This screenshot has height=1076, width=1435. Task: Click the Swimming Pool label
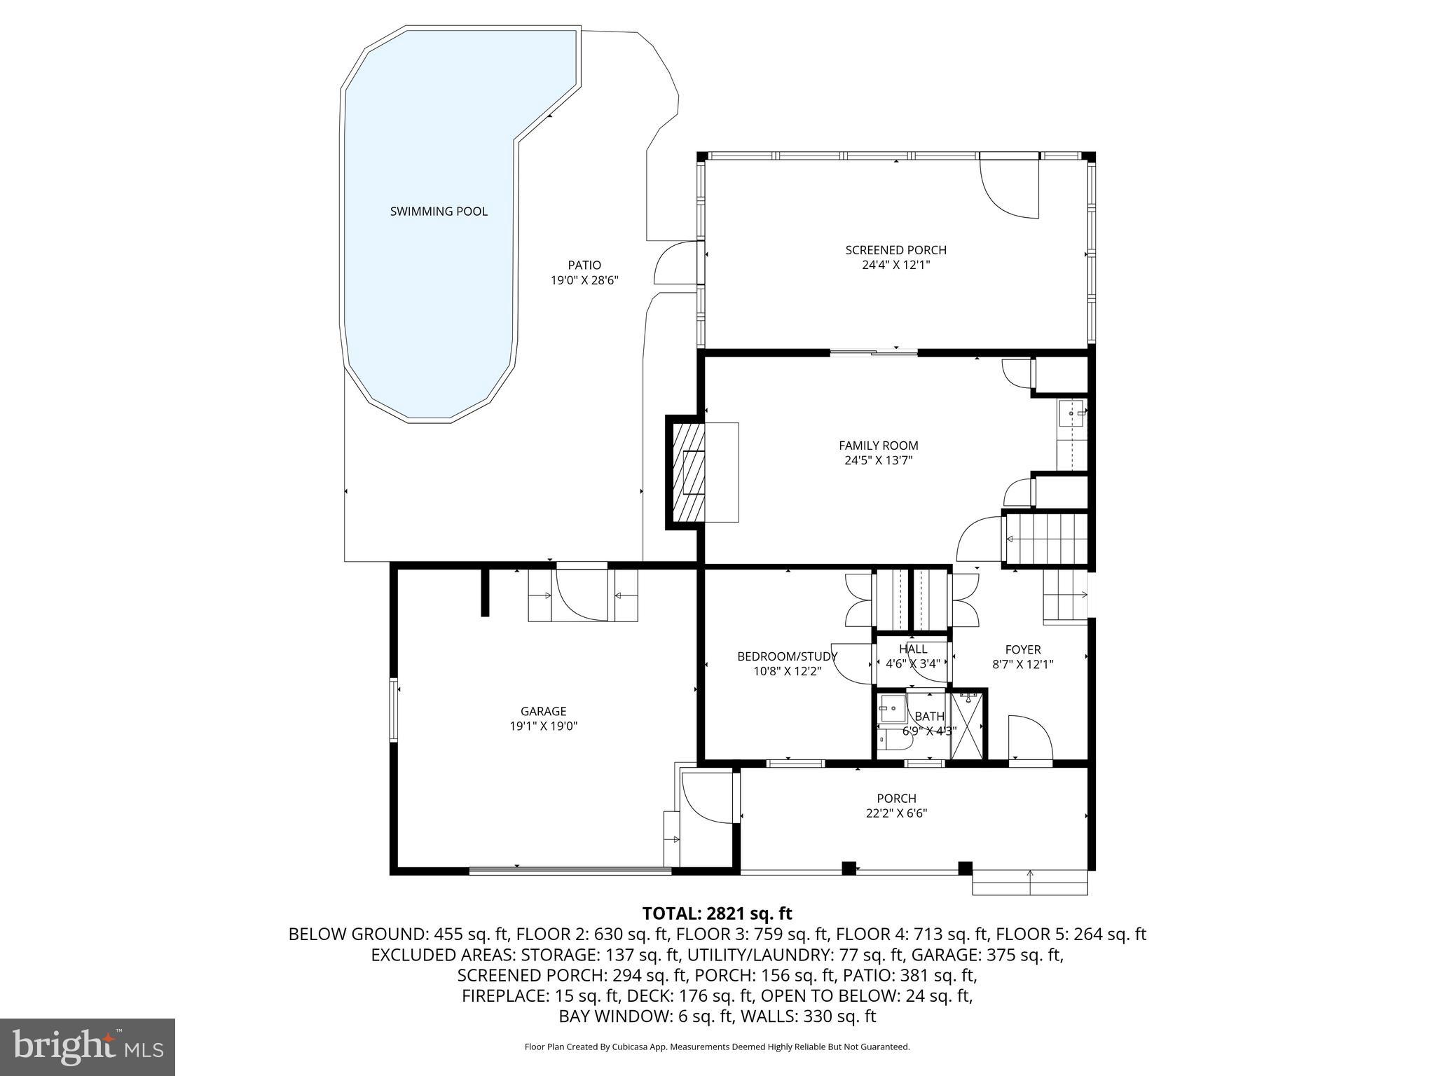click(439, 212)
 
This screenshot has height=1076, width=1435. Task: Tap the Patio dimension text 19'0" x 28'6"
click(584, 280)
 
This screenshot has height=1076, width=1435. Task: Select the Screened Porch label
click(895, 250)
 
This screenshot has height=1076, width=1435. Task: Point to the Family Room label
click(878, 446)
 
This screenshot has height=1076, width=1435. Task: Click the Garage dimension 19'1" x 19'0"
click(543, 726)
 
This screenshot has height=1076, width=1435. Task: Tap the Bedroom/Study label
click(787, 656)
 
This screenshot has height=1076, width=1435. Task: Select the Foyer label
click(1022, 649)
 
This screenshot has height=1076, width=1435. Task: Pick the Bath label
click(929, 716)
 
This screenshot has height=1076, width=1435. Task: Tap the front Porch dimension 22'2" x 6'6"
click(896, 813)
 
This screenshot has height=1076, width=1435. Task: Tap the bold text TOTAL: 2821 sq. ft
click(717, 913)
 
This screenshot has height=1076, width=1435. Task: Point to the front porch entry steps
click(1029, 882)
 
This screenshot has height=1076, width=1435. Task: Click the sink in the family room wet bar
click(1071, 414)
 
